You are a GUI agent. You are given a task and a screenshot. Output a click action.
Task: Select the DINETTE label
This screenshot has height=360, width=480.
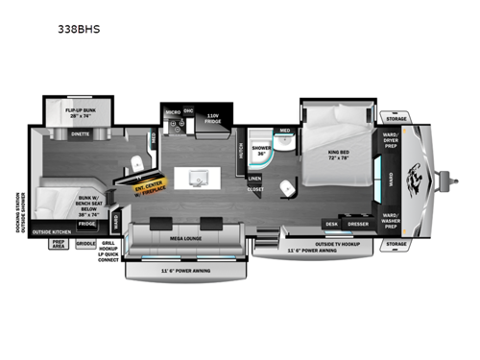(x=81, y=134)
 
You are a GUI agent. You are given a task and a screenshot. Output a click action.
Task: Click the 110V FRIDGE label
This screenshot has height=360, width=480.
(x=213, y=121)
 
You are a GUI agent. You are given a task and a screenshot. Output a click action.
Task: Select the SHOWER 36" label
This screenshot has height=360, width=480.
(x=262, y=152)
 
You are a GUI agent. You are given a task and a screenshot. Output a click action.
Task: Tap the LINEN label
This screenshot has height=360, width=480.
(x=254, y=179)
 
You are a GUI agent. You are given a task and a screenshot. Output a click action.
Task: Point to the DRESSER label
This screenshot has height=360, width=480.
(x=358, y=225)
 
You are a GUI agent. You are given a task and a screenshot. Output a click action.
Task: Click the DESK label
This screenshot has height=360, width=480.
(x=332, y=225)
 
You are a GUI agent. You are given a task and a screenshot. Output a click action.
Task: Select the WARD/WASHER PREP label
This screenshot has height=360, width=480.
(x=390, y=218)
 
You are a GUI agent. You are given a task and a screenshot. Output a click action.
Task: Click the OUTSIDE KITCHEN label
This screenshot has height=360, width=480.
(x=52, y=232)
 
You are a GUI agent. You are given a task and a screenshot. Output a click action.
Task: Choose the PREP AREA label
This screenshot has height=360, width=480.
(x=60, y=245)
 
